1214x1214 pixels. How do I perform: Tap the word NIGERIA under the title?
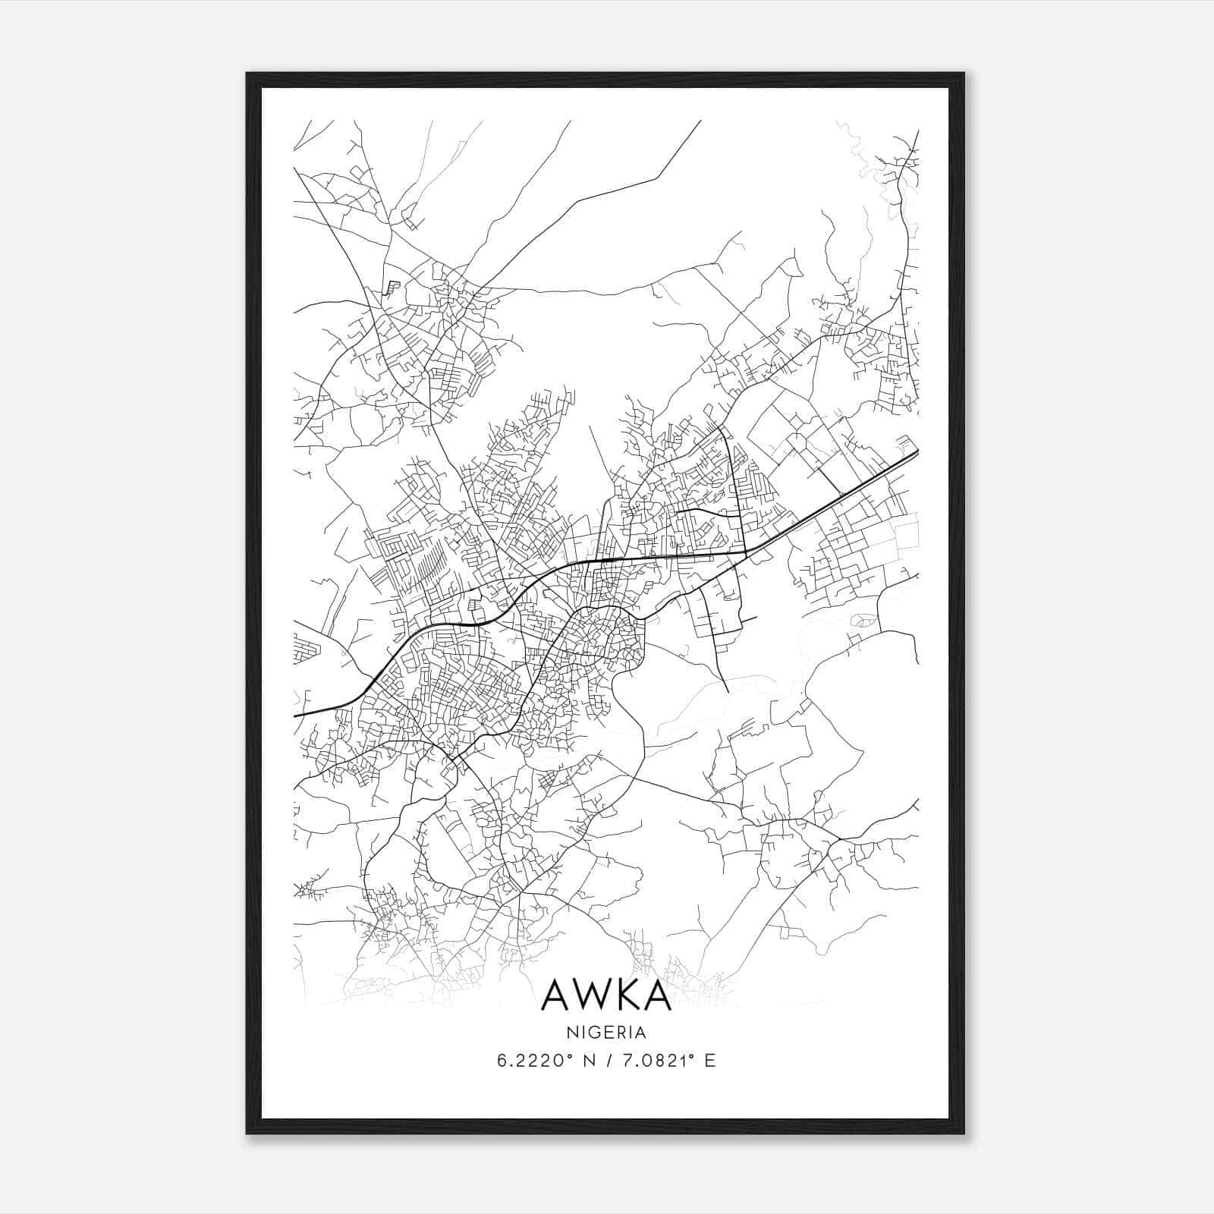click(x=606, y=1033)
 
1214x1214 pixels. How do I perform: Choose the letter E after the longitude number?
click(x=710, y=1061)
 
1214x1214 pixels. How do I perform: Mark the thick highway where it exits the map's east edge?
click(x=916, y=453)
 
